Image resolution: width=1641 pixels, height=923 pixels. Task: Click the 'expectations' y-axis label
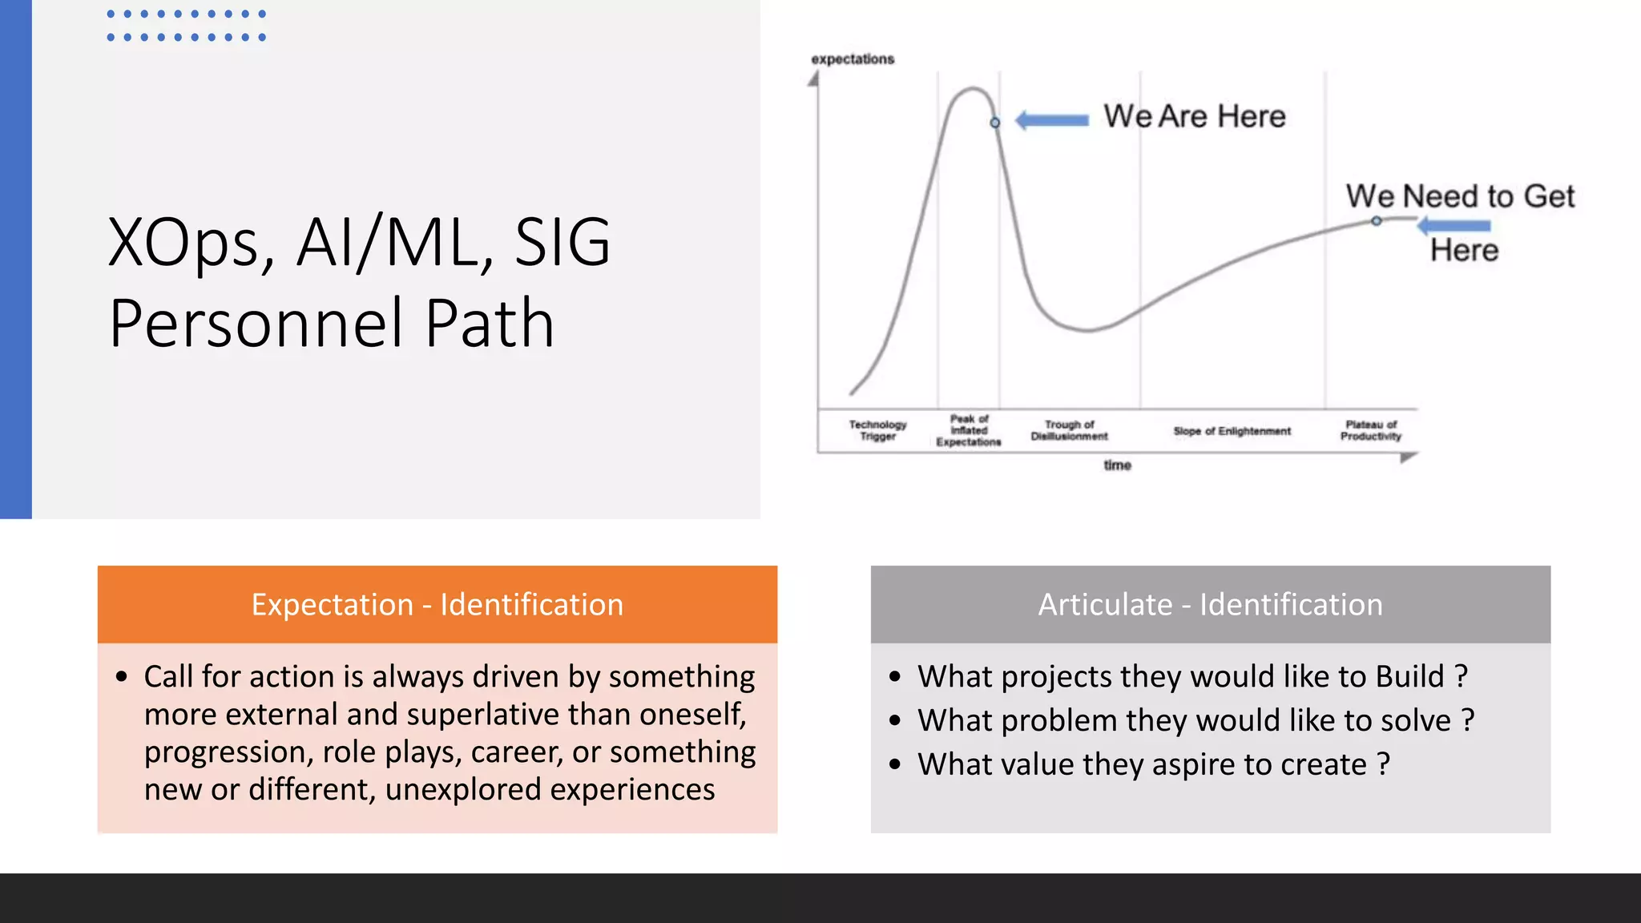(x=852, y=59)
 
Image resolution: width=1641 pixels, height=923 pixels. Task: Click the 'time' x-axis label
(x=1117, y=466)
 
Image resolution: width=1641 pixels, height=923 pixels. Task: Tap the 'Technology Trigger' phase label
(x=877, y=430)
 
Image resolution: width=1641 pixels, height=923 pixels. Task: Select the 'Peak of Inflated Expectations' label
(x=969, y=430)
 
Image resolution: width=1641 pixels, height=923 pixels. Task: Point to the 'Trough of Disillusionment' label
(x=1069, y=430)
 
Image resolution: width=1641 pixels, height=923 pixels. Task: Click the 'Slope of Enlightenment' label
(x=1232, y=431)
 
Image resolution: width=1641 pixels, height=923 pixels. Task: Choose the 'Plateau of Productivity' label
(x=1370, y=430)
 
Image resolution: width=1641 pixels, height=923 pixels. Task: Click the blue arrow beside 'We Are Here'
(x=1052, y=121)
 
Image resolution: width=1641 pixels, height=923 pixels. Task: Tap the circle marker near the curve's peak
(x=995, y=123)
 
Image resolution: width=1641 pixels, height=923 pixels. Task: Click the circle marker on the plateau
(x=1376, y=221)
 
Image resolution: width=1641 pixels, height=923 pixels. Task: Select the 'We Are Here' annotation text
(x=1194, y=116)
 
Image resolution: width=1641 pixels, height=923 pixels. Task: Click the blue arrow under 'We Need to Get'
(x=1454, y=226)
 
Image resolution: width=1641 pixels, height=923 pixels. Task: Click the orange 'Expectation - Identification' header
(x=437, y=604)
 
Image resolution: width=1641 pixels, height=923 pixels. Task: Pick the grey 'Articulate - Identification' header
(x=1210, y=604)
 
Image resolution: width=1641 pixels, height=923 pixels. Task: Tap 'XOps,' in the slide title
(x=192, y=242)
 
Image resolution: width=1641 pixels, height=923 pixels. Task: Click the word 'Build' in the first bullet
(x=1409, y=676)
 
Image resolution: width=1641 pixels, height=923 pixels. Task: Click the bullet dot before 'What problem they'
(x=895, y=720)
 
